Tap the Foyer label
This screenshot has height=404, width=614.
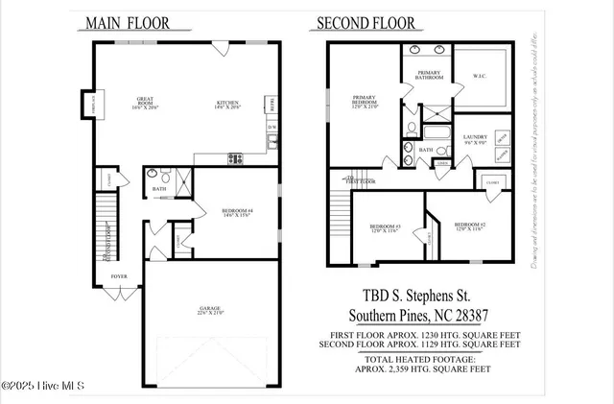(118, 275)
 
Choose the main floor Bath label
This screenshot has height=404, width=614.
(159, 189)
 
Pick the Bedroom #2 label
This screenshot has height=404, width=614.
(469, 225)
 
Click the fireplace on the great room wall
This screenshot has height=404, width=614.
(94, 102)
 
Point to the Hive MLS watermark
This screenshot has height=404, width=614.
(43, 386)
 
